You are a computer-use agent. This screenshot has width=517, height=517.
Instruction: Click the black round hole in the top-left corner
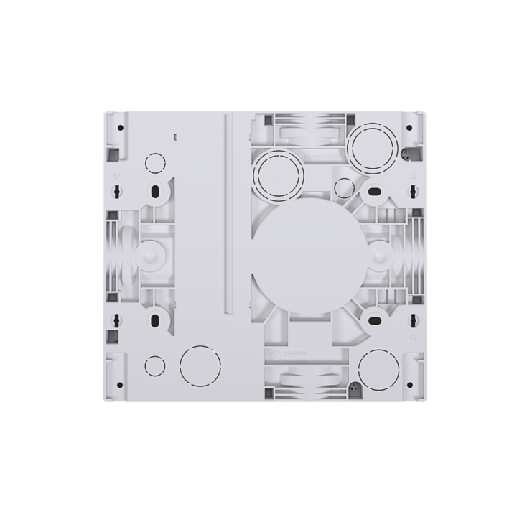click(120, 128)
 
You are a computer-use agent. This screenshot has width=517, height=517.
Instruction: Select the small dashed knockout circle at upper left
click(154, 163)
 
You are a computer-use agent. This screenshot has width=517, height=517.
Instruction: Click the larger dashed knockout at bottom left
click(197, 365)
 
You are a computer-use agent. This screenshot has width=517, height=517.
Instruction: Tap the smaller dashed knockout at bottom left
click(154, 365)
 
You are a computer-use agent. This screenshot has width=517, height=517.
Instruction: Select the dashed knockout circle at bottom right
click(378, 368)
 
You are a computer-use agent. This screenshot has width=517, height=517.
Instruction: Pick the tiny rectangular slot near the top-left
click(174, 134)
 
